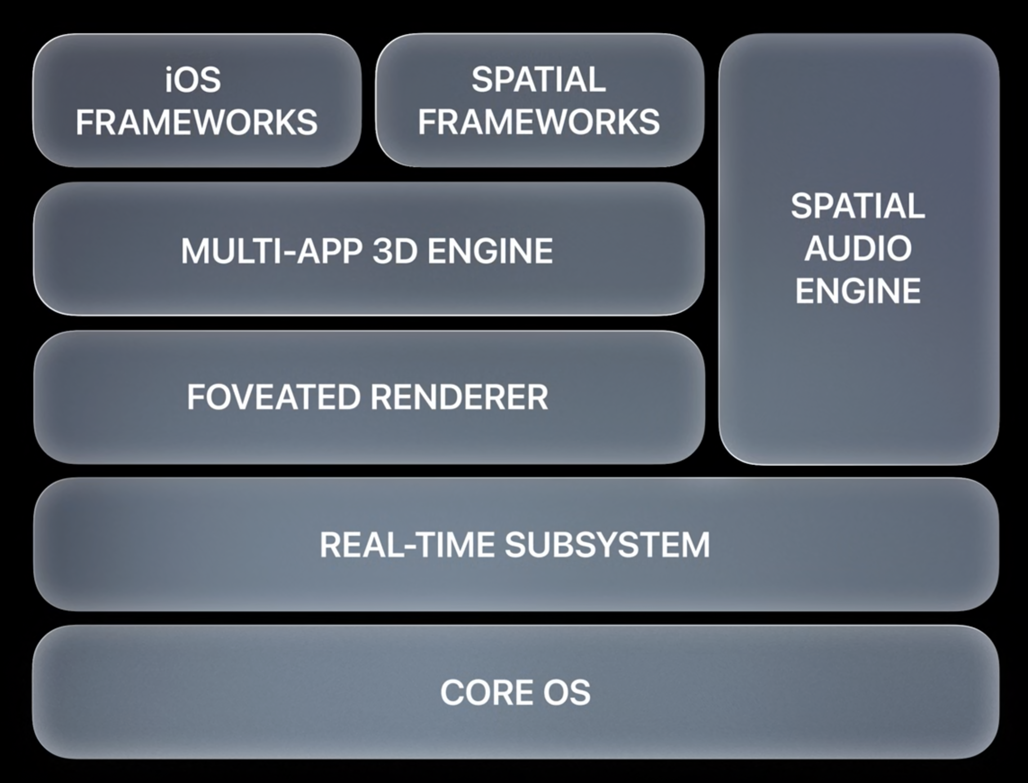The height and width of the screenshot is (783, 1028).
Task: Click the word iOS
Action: tap(193, 80)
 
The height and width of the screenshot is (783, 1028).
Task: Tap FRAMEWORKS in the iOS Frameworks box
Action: tap(196, 123)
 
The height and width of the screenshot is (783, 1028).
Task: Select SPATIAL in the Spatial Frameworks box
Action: tap(538, 80)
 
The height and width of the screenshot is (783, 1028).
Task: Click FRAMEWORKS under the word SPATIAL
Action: tap(538, 122)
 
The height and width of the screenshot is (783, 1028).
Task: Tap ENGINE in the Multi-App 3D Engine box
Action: tap(490, 251)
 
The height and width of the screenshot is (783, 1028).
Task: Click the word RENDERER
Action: tap(459, 397)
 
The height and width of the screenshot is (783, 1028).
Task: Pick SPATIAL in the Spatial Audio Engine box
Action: tap(858, 206)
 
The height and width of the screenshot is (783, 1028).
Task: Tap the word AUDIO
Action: tap(858, 249)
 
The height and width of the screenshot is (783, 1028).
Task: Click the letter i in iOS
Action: tap(169, 80)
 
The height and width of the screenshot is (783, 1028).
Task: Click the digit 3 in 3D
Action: tap(383, 251)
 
